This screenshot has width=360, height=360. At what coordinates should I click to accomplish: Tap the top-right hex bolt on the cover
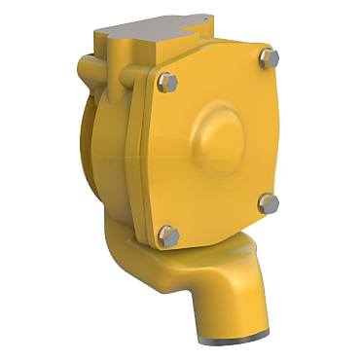268,59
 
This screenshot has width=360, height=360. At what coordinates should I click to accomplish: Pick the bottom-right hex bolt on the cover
270,202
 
